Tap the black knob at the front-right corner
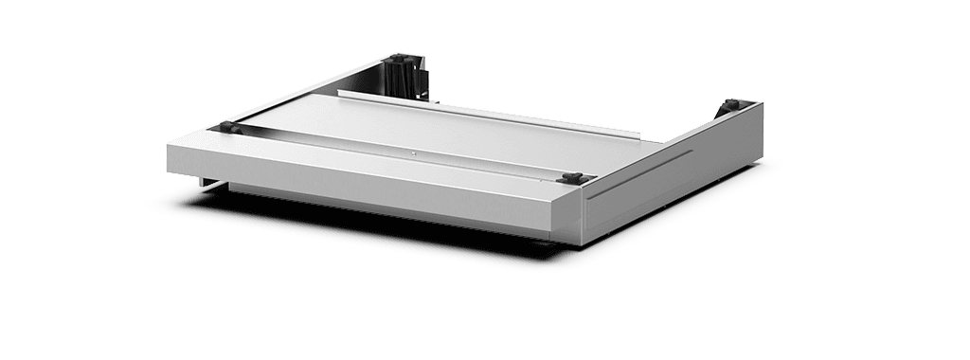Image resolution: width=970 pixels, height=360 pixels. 571,177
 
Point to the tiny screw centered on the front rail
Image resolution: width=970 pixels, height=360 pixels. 412,152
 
